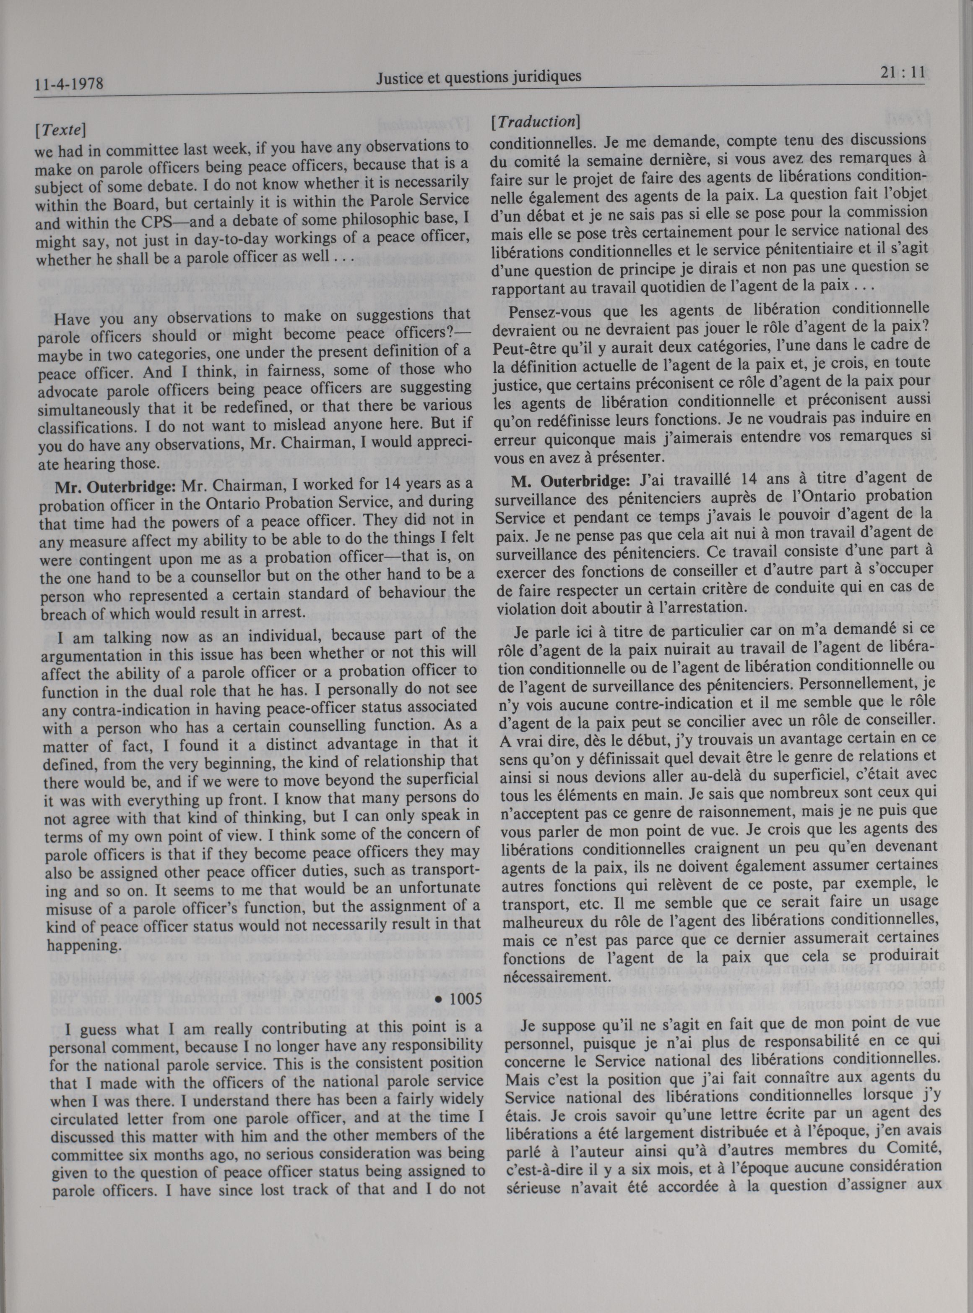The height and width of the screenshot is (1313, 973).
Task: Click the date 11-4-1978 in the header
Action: (69, 84)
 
